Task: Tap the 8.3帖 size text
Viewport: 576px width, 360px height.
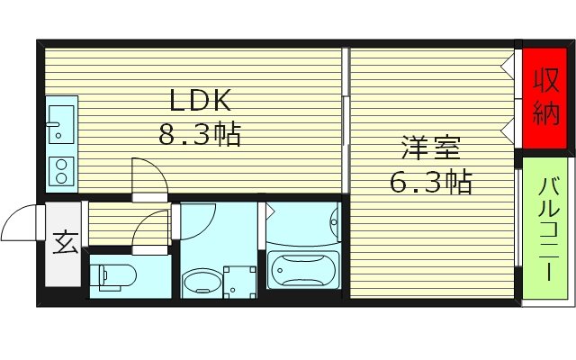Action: [199, 136]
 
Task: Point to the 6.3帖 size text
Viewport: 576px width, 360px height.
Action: [431, 183]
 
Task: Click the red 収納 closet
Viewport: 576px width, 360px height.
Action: [545, 96]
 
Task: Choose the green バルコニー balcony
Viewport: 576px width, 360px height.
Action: [546, 229]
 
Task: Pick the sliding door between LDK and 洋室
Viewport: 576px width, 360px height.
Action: [346, 117]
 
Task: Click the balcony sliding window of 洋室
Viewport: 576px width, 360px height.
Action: [521, 216]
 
